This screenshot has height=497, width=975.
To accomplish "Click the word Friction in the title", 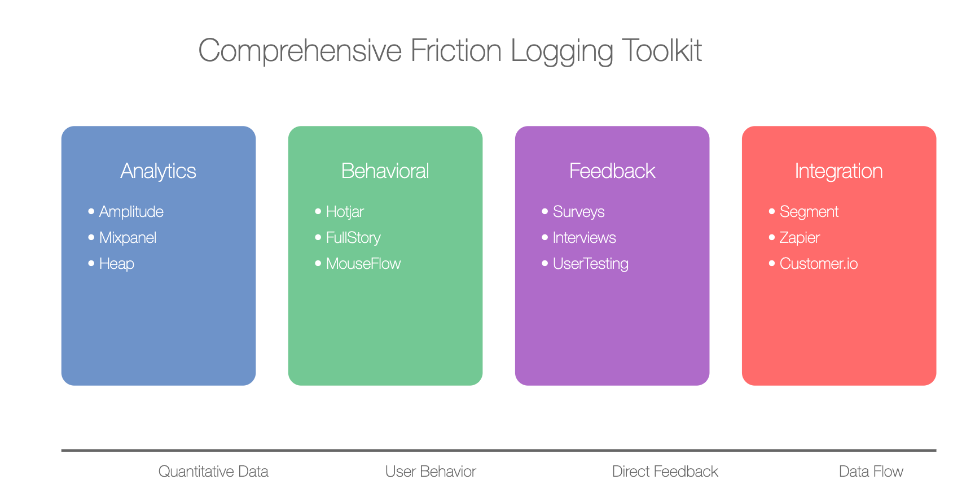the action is coord(456,50).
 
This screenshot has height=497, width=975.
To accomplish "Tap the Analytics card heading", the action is coord(159,171).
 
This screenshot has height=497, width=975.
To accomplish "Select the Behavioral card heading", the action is coord(385,171).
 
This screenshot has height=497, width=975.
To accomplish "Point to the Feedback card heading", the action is coord(612,171).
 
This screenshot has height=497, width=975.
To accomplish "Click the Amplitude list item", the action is coord(131,212).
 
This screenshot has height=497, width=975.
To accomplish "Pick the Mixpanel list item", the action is coord(128,238).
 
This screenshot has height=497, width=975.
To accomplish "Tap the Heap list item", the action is coord(117,264).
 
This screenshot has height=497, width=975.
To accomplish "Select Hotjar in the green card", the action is coord(345,212).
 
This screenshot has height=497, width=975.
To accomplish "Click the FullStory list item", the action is coord(353,238).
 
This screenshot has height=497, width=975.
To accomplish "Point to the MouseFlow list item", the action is coord(363,264).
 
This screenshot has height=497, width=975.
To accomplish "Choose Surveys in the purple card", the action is coord(579,212).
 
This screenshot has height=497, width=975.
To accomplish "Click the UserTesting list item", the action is coord(591,264).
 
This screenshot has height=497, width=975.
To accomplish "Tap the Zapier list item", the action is coord(800,238).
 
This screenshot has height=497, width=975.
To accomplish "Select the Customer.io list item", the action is coord(819,264).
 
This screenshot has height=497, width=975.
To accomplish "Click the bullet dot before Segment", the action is coord(772,211).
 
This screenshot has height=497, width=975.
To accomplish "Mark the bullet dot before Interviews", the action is coord(545,237).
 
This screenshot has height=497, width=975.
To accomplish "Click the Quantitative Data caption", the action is coord(213,472).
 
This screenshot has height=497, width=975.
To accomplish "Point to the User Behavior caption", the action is coord(431,472).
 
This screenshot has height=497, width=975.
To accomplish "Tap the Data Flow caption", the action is coord(871,472).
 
